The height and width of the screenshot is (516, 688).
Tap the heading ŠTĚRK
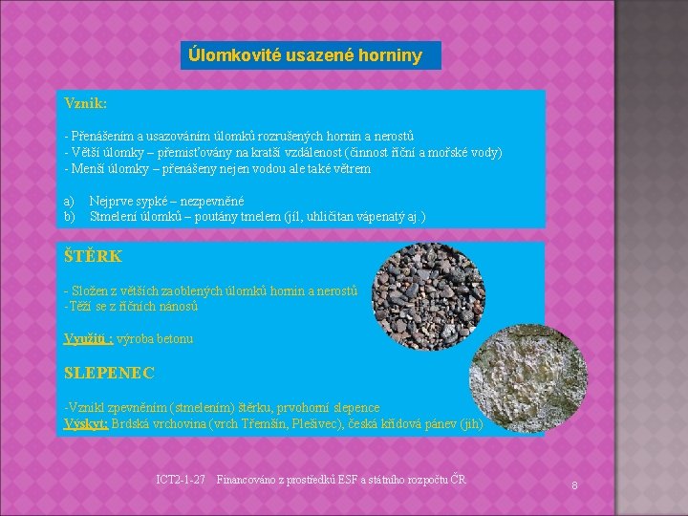pyautogui.click(x=93, y=256)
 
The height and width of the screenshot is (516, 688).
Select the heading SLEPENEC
pyautogui.click(x=109, y=373)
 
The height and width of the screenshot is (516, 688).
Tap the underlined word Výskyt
pyautogui.click(x=85, y=423)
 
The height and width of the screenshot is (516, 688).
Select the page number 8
pyautogui.click(x=574, y=486)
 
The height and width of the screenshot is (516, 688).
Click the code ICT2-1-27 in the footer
pyautogui.click(x=180, y=479)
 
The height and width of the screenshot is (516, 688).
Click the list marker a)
pyautogui.click(x=69, y=202)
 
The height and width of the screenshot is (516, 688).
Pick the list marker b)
pyautogui.click(x=69, y=217)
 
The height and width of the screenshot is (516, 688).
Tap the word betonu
pyautogui.click(x=174, y=339)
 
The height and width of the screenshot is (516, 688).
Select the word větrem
pyautogui.click(x=352, y=169)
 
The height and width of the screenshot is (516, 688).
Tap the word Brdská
pyautogui.click(x=131, y=423)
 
